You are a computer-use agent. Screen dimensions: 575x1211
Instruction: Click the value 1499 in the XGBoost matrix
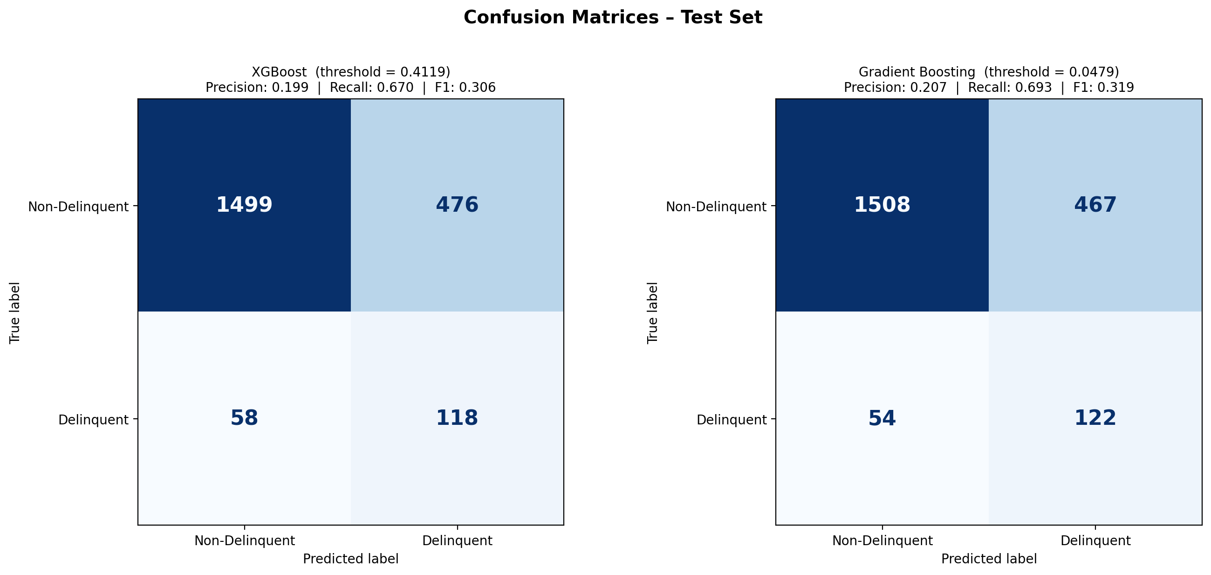tap(244, 205)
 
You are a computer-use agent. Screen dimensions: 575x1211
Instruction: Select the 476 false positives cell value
tap(457, 205)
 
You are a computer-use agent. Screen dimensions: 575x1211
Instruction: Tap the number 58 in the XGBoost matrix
tap(244, 418)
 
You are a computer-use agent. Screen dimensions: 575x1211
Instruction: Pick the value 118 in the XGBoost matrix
tap(457, 418)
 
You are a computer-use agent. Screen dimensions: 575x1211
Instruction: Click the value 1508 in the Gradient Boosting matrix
tap(882, 205)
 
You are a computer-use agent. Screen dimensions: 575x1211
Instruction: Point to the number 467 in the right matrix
tap(1095, 205)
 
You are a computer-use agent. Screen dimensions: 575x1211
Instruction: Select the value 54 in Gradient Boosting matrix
tap(882, 418)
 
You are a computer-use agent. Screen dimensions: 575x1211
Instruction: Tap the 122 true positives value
tap(1095, 418)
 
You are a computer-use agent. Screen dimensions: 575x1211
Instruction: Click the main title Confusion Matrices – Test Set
tap(613, 18)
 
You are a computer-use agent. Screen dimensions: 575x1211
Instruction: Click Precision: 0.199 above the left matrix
tap(257, 88)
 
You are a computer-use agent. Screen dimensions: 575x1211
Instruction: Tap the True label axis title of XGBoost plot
tap(15, 312)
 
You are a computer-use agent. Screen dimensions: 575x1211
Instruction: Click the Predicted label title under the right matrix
tap(989, 559)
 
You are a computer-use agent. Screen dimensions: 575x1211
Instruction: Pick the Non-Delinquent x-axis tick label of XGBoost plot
tap(245, 541)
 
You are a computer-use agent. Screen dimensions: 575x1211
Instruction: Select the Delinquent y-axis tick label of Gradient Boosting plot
tap(732, 420)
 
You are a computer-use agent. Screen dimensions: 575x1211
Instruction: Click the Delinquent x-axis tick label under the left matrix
tap(457, 541)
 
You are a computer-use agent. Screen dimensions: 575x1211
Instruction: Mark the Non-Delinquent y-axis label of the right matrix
tap(716, 207)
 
